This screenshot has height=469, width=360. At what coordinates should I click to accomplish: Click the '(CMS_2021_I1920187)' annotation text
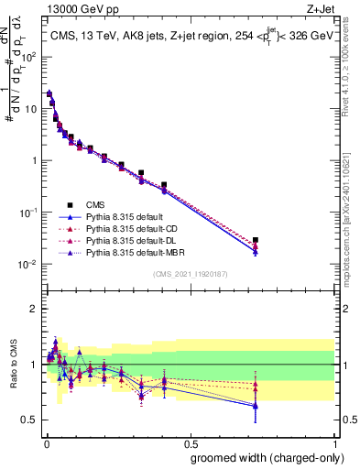click(190, 274)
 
